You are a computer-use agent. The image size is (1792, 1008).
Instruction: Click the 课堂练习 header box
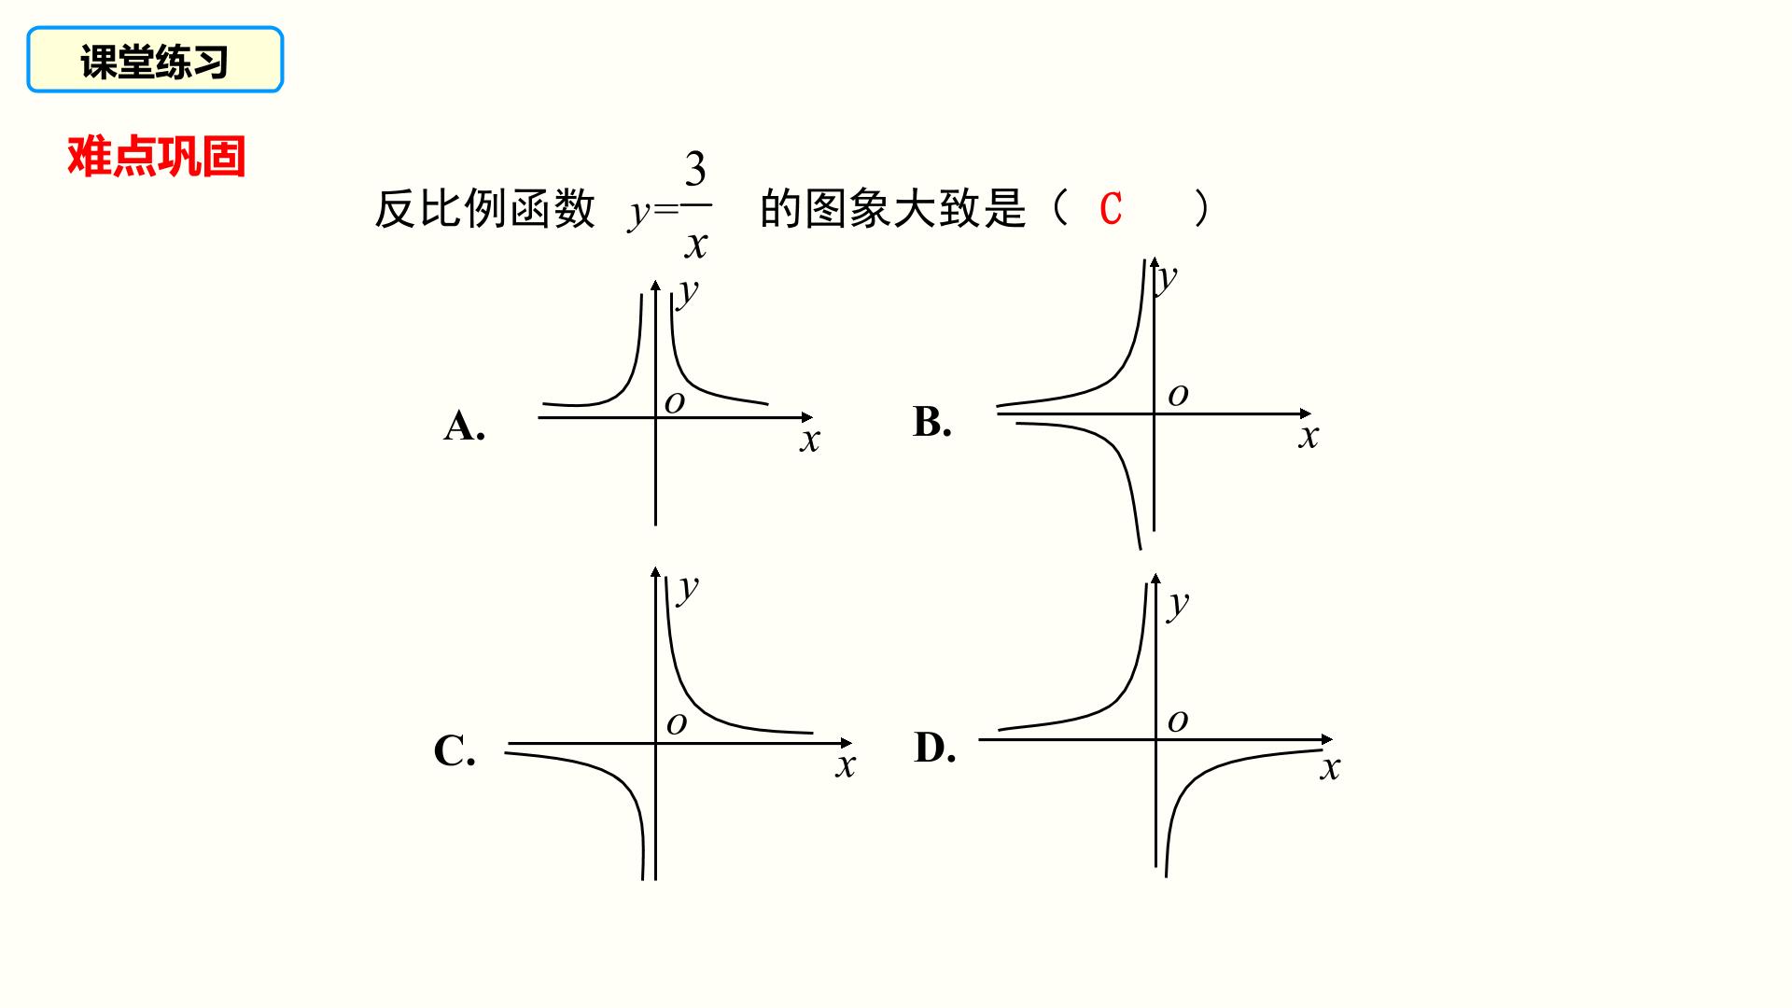coord(155,60)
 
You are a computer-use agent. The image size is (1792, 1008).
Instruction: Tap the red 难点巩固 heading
coord(157,156)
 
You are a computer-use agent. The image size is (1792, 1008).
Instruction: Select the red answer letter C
coord(1110,209)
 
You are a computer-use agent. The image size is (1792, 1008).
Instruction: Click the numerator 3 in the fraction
coord(695,169)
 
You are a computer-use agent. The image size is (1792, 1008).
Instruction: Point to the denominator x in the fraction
coord(696,245)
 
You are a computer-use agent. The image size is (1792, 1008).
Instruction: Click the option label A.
coord(464,426)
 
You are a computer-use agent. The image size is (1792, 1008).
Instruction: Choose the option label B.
coord(931,421)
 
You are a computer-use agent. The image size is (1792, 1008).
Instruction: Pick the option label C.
coord(455,750)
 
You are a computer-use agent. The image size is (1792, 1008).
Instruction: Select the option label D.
coord(934,747)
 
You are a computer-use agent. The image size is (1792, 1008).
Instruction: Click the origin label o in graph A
coord(675,402)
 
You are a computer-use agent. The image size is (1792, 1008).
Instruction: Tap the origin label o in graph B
coord(1178,395)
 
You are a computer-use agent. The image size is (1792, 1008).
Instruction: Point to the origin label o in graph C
coord(677,723)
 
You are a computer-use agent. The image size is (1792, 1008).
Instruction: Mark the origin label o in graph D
coord(1178,721)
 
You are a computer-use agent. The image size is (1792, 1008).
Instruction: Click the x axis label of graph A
coord(809,440)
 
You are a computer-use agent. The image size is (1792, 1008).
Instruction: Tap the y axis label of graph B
coord(1166,277)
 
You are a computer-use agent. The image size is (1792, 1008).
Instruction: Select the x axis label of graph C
coord(845,766)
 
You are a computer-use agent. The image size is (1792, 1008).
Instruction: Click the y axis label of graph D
coord(1179,604)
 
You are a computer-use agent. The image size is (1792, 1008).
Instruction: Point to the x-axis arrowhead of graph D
coord(1327,739)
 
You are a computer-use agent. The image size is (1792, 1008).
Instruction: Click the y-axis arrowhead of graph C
coord(655,571)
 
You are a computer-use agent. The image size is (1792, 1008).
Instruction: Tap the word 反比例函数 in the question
coord(484,208)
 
